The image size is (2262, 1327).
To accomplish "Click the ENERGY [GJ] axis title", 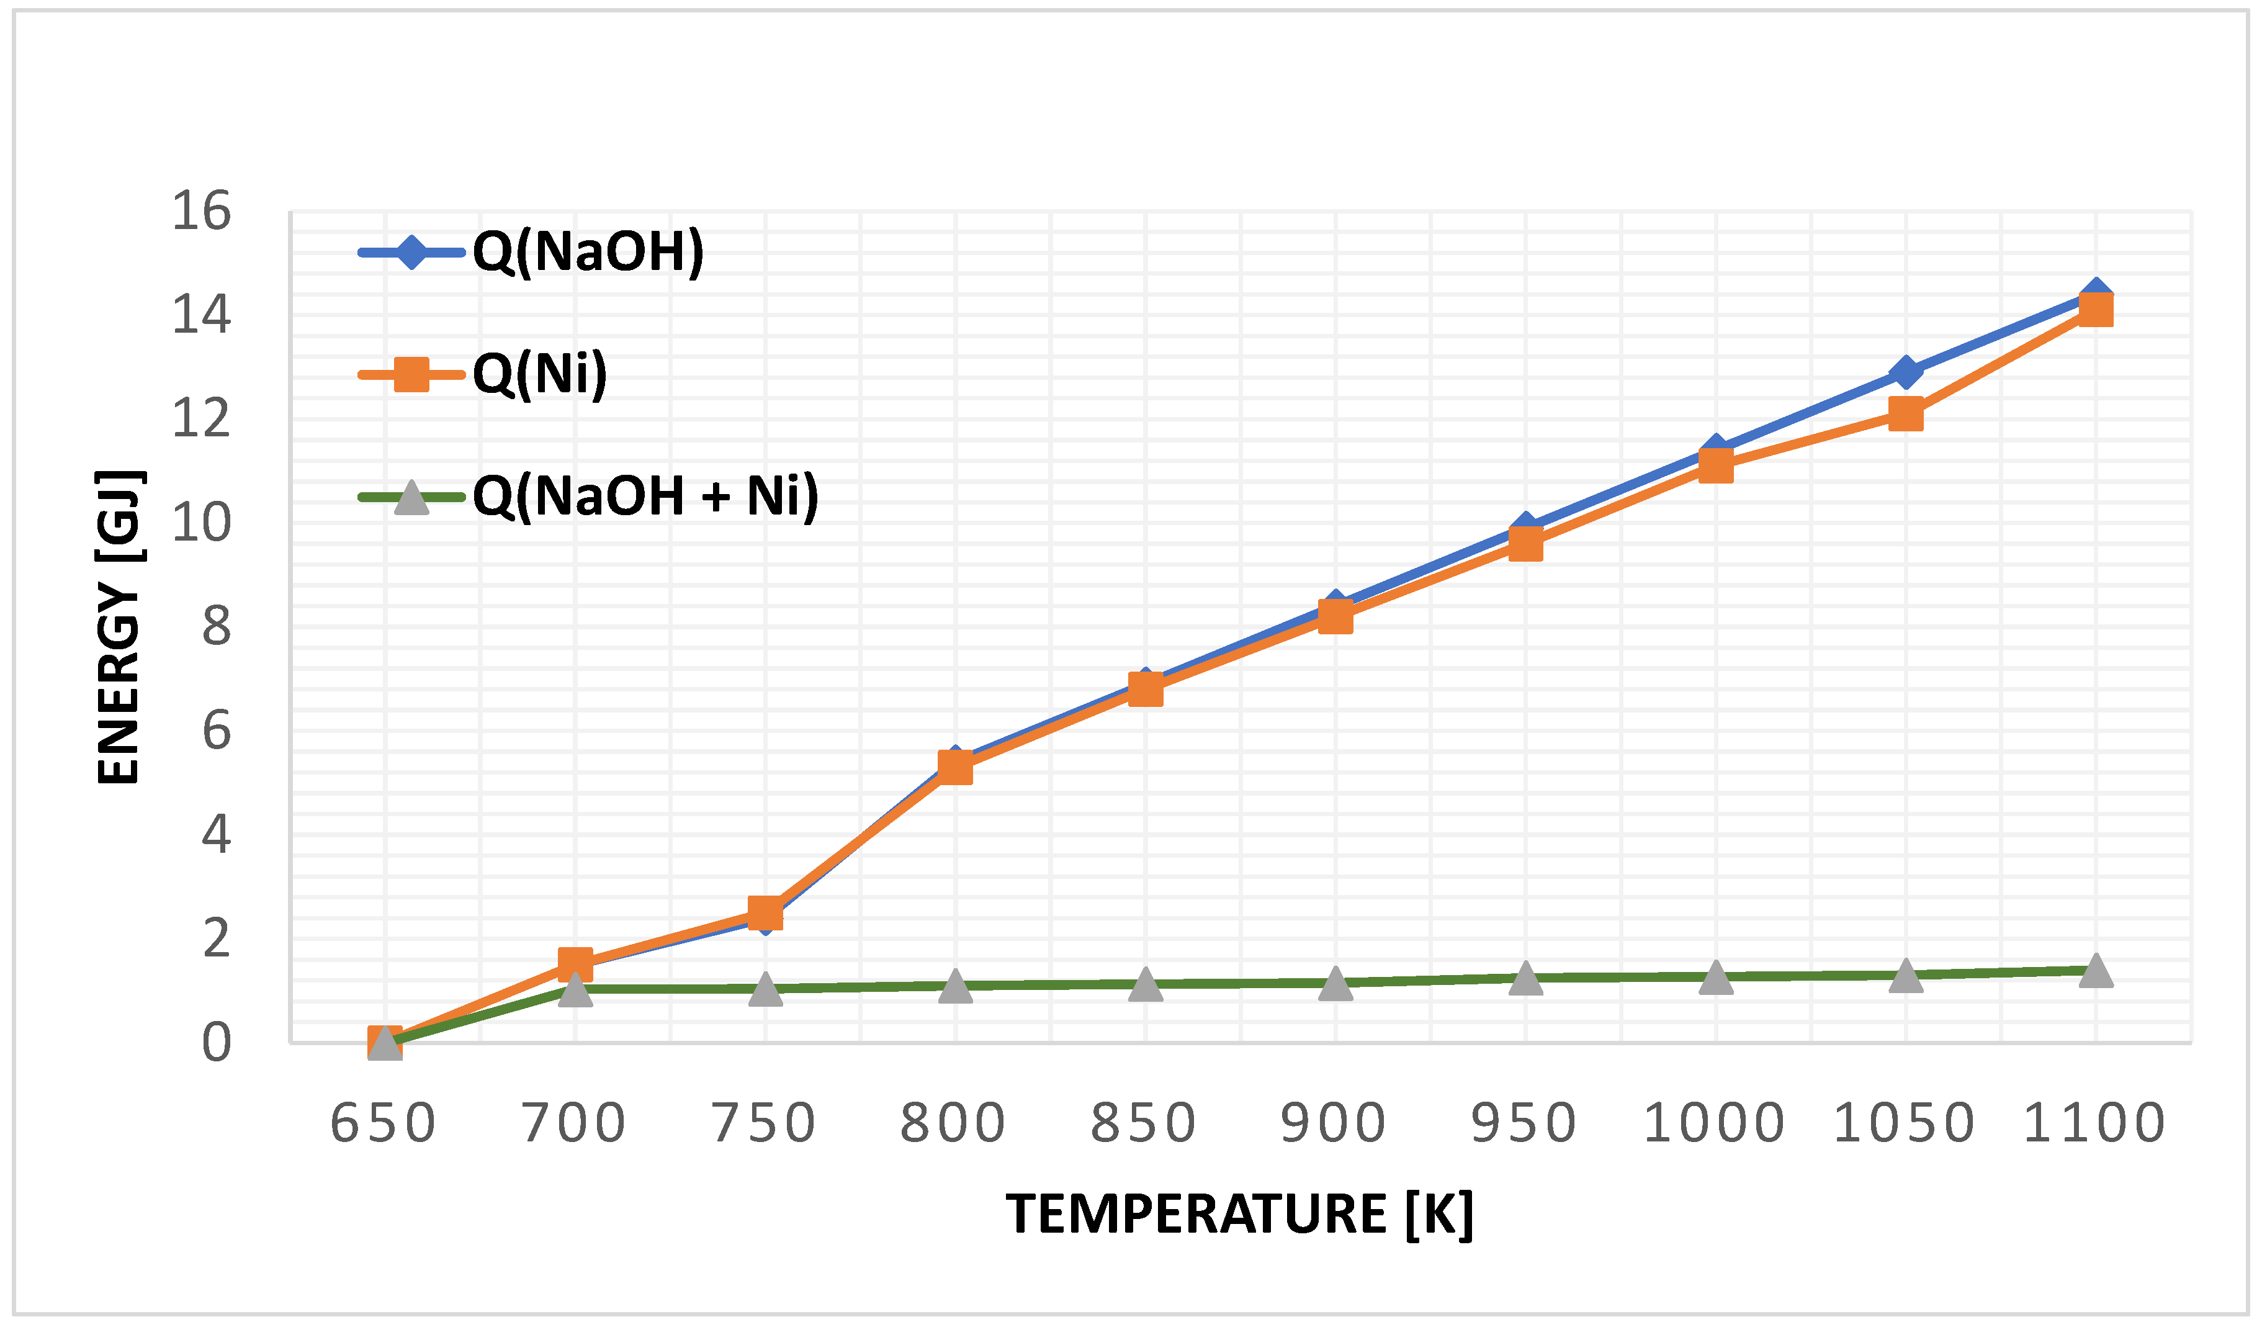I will click(119, 627).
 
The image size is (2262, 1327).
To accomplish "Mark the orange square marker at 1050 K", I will click(1905, 414).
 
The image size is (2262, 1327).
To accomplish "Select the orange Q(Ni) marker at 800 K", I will click(955, 768).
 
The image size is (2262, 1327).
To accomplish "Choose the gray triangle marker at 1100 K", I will click(2095, 971).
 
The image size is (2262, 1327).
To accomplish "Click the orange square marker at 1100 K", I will click(2095, 311).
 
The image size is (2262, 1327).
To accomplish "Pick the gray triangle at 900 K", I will click(1335, 983).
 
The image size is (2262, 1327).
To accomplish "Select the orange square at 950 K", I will click(1525, 544).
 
